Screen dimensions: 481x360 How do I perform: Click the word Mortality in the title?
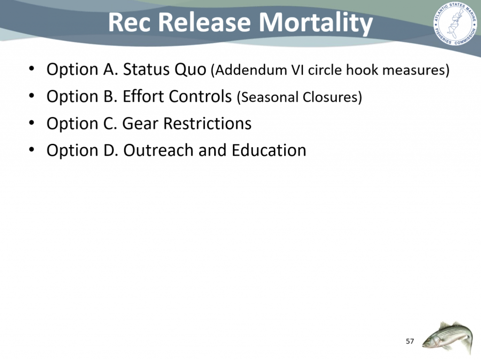pyautogui.click(x=316, y=23)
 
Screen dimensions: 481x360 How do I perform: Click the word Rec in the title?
pyautogui.click(x=129, y=23)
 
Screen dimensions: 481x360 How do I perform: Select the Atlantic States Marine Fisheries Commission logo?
pyautogui.click(x=455, y=23)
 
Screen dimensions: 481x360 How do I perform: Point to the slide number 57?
pyautogui.click(x=410, y=341)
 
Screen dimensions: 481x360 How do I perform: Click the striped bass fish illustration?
pyautogui.click(x=447, y=337)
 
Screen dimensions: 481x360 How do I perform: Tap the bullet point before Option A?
pyautogui.click(x=31, y=69)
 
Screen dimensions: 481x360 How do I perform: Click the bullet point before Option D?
pyautogui.click(x=31, y=150)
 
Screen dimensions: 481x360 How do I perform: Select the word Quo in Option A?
pyautogui.click(x=190, y=70)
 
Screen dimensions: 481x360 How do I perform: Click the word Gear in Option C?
pyautogui.click(x=140, y=124)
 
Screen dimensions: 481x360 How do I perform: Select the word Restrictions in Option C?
pyautogui.click(x=207, y=124)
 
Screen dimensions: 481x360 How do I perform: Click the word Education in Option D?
pyautogui.click(x=269, y=150)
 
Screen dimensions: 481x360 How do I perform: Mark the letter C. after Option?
pyautogui.click(x=110, y=124)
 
